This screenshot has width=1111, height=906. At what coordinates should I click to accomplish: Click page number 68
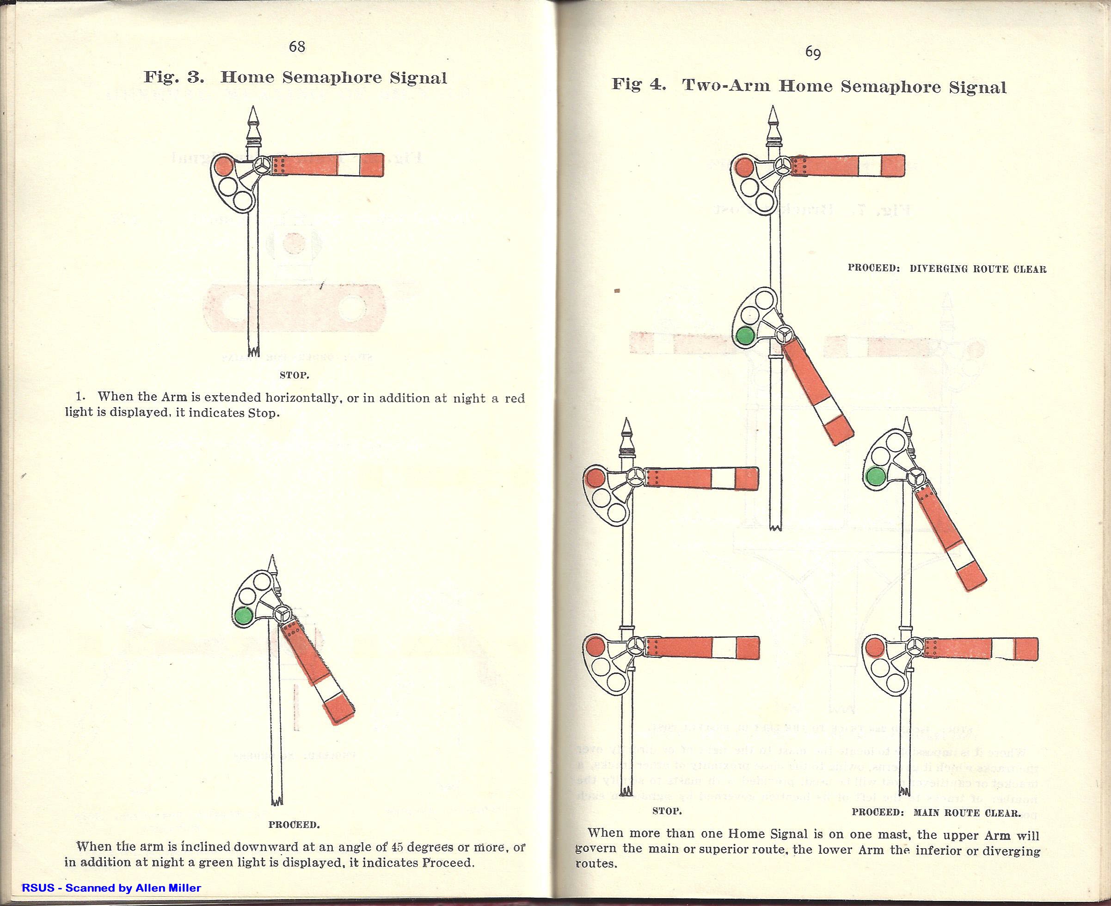point(296,47)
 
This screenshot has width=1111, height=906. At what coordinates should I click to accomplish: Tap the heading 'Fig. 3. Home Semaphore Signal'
point(295,78)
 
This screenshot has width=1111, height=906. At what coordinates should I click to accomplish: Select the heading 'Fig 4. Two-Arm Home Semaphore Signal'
point(809,86)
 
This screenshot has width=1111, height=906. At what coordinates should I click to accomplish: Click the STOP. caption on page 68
point(295,375)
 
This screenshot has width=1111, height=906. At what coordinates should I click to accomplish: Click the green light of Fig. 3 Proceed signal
point(243,616)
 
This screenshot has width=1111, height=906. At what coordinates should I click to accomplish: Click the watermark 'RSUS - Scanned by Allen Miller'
point(111,887)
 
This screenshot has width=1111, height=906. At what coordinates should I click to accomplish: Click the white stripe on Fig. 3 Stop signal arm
point(348,165)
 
